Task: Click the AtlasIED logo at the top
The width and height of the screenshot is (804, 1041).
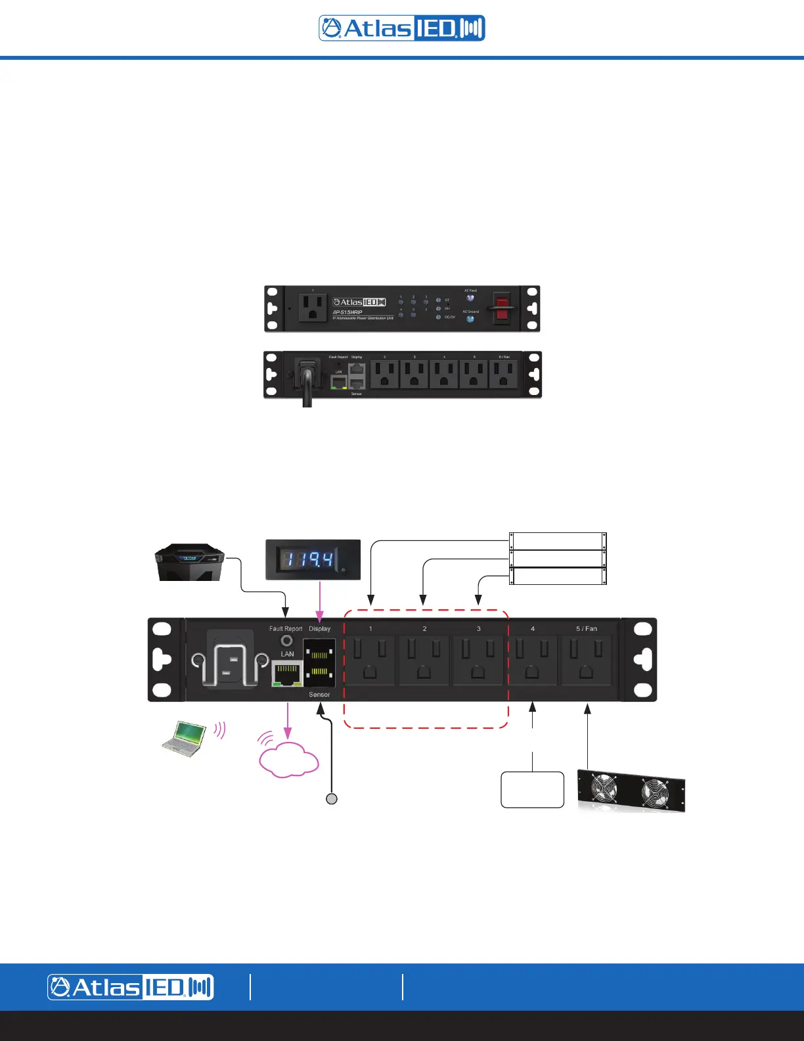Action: tap(402, 28)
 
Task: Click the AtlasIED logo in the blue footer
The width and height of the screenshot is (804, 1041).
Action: tap(130, 987)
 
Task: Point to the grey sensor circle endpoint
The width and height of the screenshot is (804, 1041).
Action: tap(332, 798)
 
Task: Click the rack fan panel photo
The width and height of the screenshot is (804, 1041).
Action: tap(631, 791)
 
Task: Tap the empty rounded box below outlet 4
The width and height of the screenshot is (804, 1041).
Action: tap(532, 789)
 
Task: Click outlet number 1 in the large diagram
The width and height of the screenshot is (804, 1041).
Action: tap(370, 660)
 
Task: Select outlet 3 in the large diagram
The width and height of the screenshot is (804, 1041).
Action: tap(478, 660)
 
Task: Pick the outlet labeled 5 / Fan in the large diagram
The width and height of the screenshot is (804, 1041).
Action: tap(587, 660)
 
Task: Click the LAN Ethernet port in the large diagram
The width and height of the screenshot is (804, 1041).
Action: tap(287, 673)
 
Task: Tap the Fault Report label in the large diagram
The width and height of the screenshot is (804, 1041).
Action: tap(286, 629)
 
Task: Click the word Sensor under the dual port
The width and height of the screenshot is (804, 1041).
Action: tap(319, 695)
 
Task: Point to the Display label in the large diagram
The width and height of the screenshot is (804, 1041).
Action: tap(320, 629)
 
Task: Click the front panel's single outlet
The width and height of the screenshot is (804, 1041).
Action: tap(313, 308)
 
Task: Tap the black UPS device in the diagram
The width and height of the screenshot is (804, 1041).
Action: tap(189, 563)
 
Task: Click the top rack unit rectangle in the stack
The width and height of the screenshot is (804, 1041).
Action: tap(558, 542)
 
